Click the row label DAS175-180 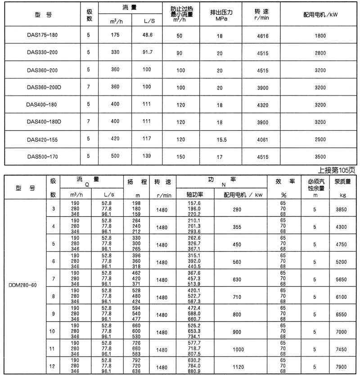(43, 35)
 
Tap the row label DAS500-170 (43, 157)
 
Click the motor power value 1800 (320, 35)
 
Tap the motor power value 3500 (320, 157)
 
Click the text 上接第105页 (336, 170)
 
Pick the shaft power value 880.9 (194, 372)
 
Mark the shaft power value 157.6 (194, 204)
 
